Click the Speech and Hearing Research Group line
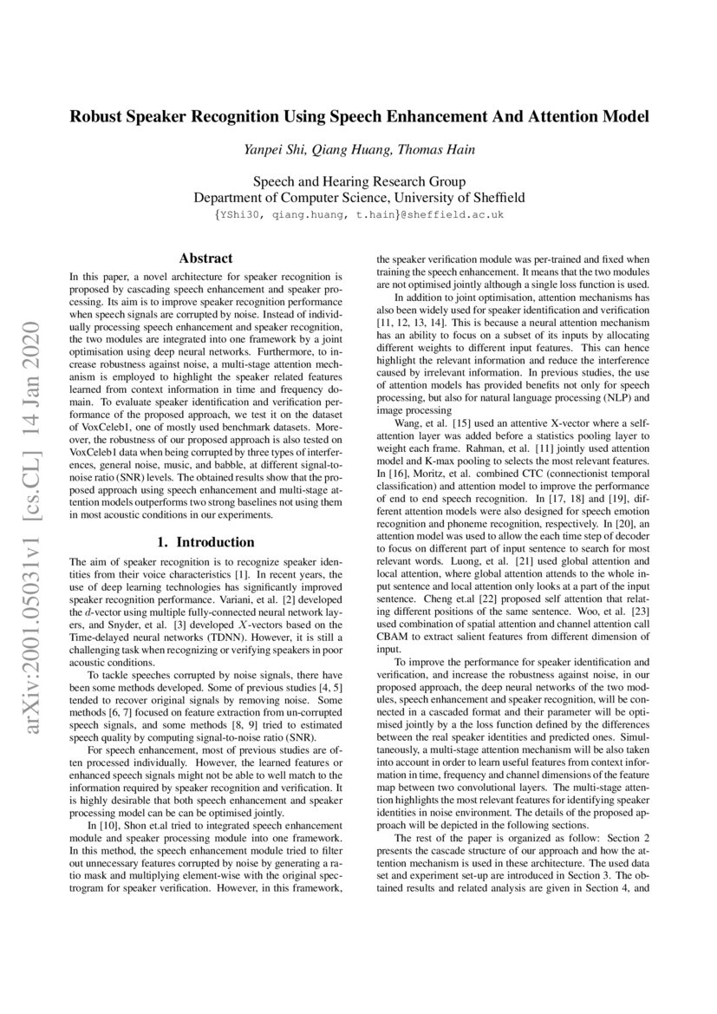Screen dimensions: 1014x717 pyautogui.click(x=358, y=182)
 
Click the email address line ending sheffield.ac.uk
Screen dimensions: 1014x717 pyautogui.click(x=358, y=214)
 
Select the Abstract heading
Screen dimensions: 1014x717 pyautogui.click(x=205, y=258)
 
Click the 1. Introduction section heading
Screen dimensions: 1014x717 pyautogui.click(x=205, y=542)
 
